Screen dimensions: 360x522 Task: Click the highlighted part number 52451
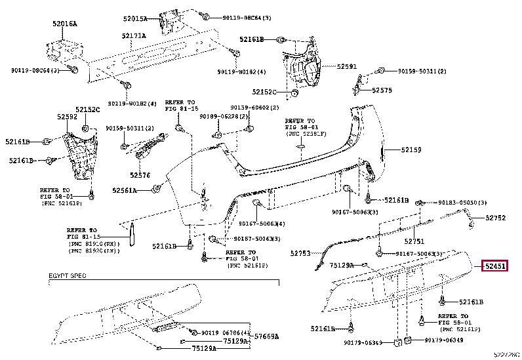point(495,267)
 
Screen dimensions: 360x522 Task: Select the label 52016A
point(65,24)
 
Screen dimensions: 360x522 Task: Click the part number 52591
point(347,66)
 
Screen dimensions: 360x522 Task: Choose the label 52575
point(382,90)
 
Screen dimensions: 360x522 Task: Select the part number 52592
point(66,117)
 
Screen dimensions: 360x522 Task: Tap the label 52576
point(140,175)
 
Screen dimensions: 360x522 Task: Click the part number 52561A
point(124,190)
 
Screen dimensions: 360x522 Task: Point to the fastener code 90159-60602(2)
point(254,108)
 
